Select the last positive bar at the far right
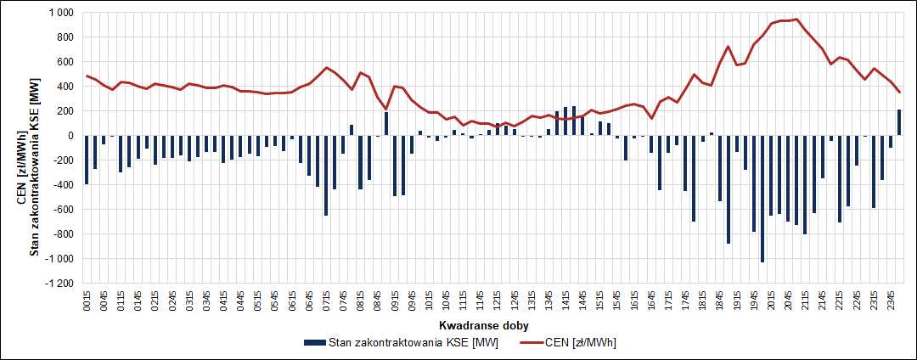pos(899,122)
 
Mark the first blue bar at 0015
pos(87,160)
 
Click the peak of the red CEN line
pos(796,20)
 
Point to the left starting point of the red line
pos(87,76)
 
